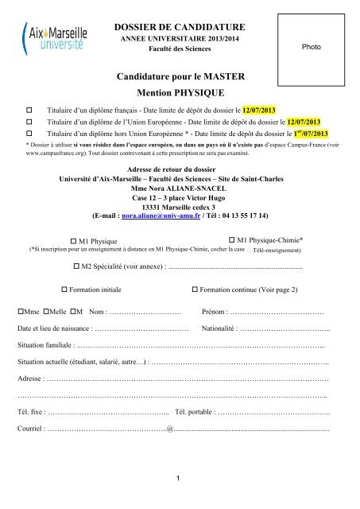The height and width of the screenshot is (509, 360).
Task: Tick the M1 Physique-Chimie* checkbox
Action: tap(233, 239)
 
